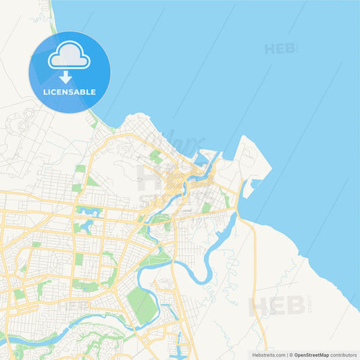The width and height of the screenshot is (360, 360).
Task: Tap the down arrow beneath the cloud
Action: (66, 77)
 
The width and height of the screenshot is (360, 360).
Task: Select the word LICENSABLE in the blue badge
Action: (69, 92)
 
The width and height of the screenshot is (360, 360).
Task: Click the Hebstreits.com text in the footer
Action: (268, 355)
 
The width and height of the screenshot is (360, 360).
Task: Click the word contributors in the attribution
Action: (343, 355)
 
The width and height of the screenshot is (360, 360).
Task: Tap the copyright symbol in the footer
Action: (290, 355)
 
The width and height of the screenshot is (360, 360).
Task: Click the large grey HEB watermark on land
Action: (277, 306)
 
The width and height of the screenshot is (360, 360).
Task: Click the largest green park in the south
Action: (142, 305)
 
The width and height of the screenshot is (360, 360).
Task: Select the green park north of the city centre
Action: (156, 157)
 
